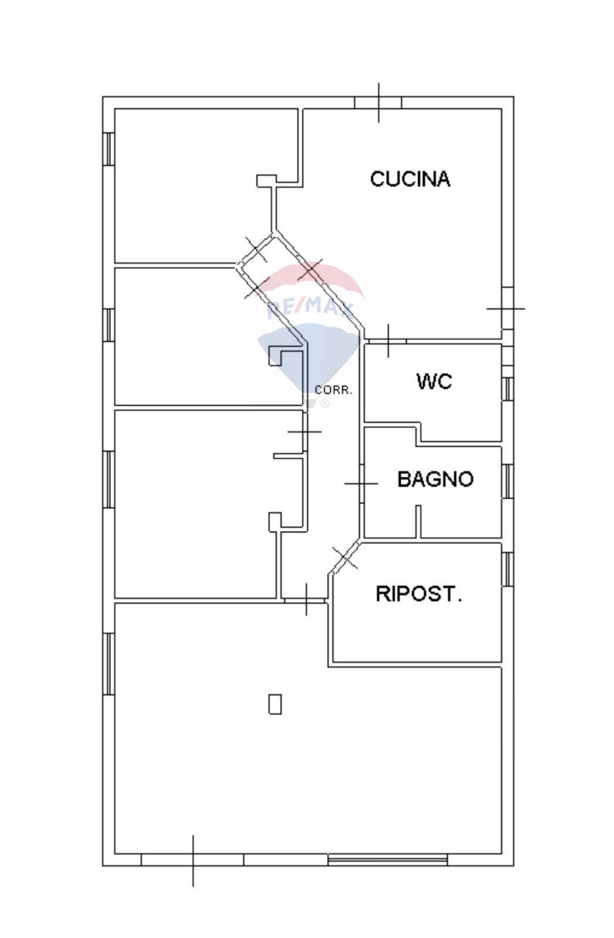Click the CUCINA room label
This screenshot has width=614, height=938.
click(410, 179)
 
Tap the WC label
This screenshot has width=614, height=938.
click(434, 382)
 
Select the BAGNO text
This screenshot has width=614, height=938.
click(435, 479)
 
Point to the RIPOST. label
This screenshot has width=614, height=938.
click(419, 594)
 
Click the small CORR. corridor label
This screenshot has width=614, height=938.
click(334, 390)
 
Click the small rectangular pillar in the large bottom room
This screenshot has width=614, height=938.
click(274, 704)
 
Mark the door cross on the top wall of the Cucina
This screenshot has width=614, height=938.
click(378, 103)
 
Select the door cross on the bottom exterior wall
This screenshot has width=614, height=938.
click(193, 860)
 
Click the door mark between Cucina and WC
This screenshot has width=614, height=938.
click(388, 341)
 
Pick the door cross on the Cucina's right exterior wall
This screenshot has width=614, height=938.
click(506, 308)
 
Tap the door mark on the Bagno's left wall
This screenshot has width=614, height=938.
click(361, 484)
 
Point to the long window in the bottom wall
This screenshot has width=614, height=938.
click(387, 860)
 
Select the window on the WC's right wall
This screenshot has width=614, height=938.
click(508, 389)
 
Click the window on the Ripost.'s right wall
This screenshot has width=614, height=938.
click(508, 569)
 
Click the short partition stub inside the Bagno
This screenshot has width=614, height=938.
click(419, 521)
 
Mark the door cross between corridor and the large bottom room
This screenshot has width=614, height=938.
click(306, 600)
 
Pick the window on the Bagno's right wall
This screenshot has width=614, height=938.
click(508, 481)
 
